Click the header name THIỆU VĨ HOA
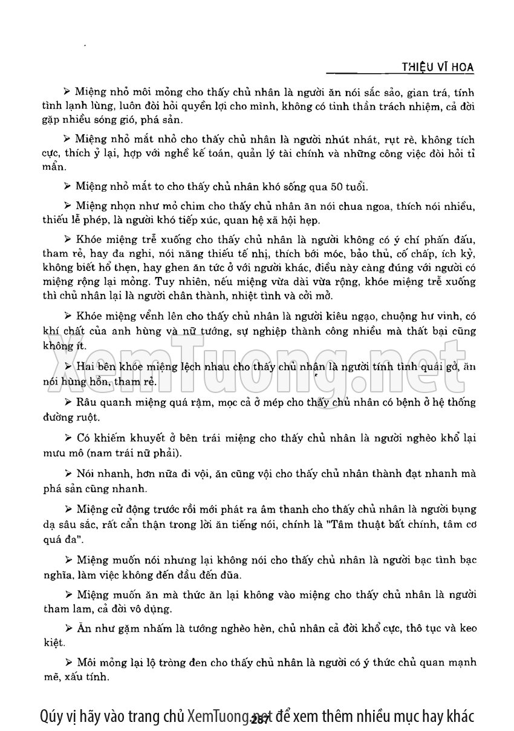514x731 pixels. (437, 66)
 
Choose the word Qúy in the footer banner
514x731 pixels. (49, 716)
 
